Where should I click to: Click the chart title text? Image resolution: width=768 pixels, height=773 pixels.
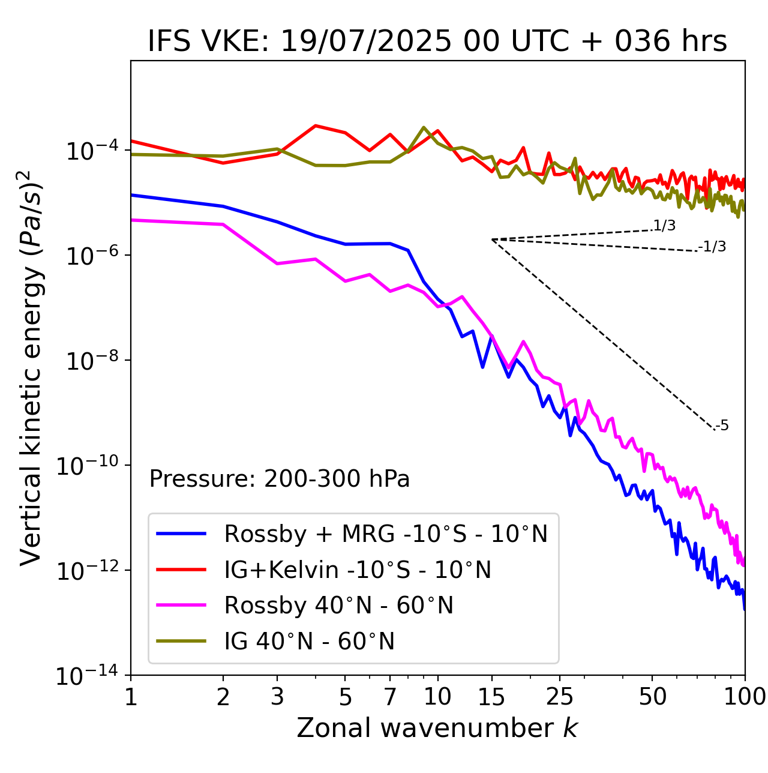coord(437,41)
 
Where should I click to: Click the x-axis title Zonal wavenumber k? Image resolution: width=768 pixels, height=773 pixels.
coord(437,727)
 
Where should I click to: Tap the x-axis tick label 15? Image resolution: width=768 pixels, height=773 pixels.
coord(491,696)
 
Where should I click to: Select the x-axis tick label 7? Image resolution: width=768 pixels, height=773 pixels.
coord(390,696)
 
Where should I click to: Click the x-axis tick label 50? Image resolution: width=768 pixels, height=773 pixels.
coord(652,696)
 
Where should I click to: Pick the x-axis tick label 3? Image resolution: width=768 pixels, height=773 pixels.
coord(278,696)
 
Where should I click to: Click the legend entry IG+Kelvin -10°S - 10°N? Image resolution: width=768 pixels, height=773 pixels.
coord(358,570)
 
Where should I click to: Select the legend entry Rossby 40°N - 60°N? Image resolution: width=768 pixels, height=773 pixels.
coord(338,606)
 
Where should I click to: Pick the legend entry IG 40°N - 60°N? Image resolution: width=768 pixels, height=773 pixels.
coord(309,642)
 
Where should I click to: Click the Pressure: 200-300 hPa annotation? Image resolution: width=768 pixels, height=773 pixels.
coord(279,479)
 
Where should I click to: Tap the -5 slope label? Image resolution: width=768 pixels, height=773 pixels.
coord(722,426)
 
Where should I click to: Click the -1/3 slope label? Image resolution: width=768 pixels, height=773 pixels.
coord(713,247)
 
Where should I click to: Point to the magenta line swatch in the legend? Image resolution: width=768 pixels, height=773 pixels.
coord(181,605)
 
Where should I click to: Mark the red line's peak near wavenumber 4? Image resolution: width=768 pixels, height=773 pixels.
coord(316,126)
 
